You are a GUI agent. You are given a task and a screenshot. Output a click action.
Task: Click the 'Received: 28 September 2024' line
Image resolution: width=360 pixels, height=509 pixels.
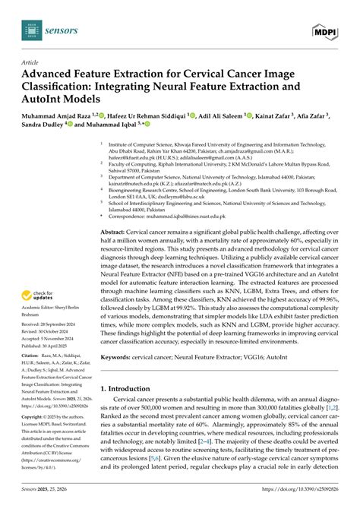click(x=51, y=323)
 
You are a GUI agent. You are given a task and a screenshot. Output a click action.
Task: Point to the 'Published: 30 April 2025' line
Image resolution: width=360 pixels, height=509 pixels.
click(x=48, y=343)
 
